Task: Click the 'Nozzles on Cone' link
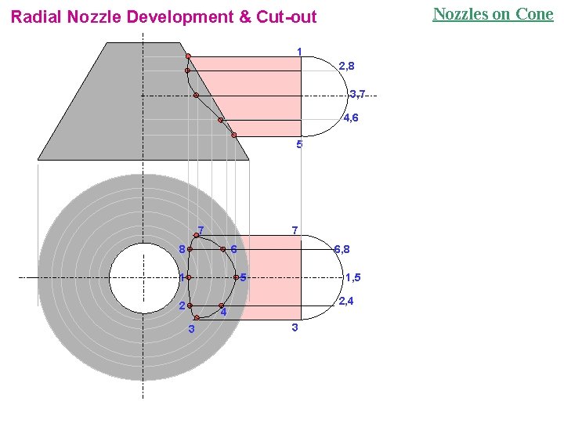coord(493,14)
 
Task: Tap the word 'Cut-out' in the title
coord(287,17)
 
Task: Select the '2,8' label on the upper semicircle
coord(346,66)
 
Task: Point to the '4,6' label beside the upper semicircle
coord(351,118)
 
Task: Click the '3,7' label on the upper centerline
coord(357,94)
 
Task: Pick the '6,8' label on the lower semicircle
coord(342,249)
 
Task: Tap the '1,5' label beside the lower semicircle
coord(352,277)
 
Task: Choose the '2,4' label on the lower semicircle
coord(346,301)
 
